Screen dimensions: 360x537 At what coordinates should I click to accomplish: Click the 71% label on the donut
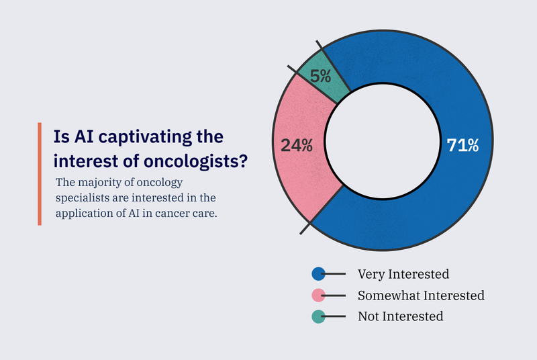(463, 145)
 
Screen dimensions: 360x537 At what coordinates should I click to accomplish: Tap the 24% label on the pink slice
(296, 145)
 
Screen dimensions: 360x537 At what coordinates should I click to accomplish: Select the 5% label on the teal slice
(320, 75)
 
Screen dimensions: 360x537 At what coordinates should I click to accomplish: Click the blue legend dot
(319, 273)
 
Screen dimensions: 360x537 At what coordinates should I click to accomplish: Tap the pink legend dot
(319, 295)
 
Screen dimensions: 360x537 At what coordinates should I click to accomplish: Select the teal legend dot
(319, 316)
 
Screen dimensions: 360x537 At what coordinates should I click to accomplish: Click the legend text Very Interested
(403, 274)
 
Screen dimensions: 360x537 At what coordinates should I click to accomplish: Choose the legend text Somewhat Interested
(421, 295)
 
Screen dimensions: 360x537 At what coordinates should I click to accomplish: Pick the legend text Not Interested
(400, 316)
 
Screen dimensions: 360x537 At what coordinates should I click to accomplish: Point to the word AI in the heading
(77, 136)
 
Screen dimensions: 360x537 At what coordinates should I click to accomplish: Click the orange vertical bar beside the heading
(39, 174)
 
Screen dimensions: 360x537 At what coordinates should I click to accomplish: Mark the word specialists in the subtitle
(83, 199)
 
